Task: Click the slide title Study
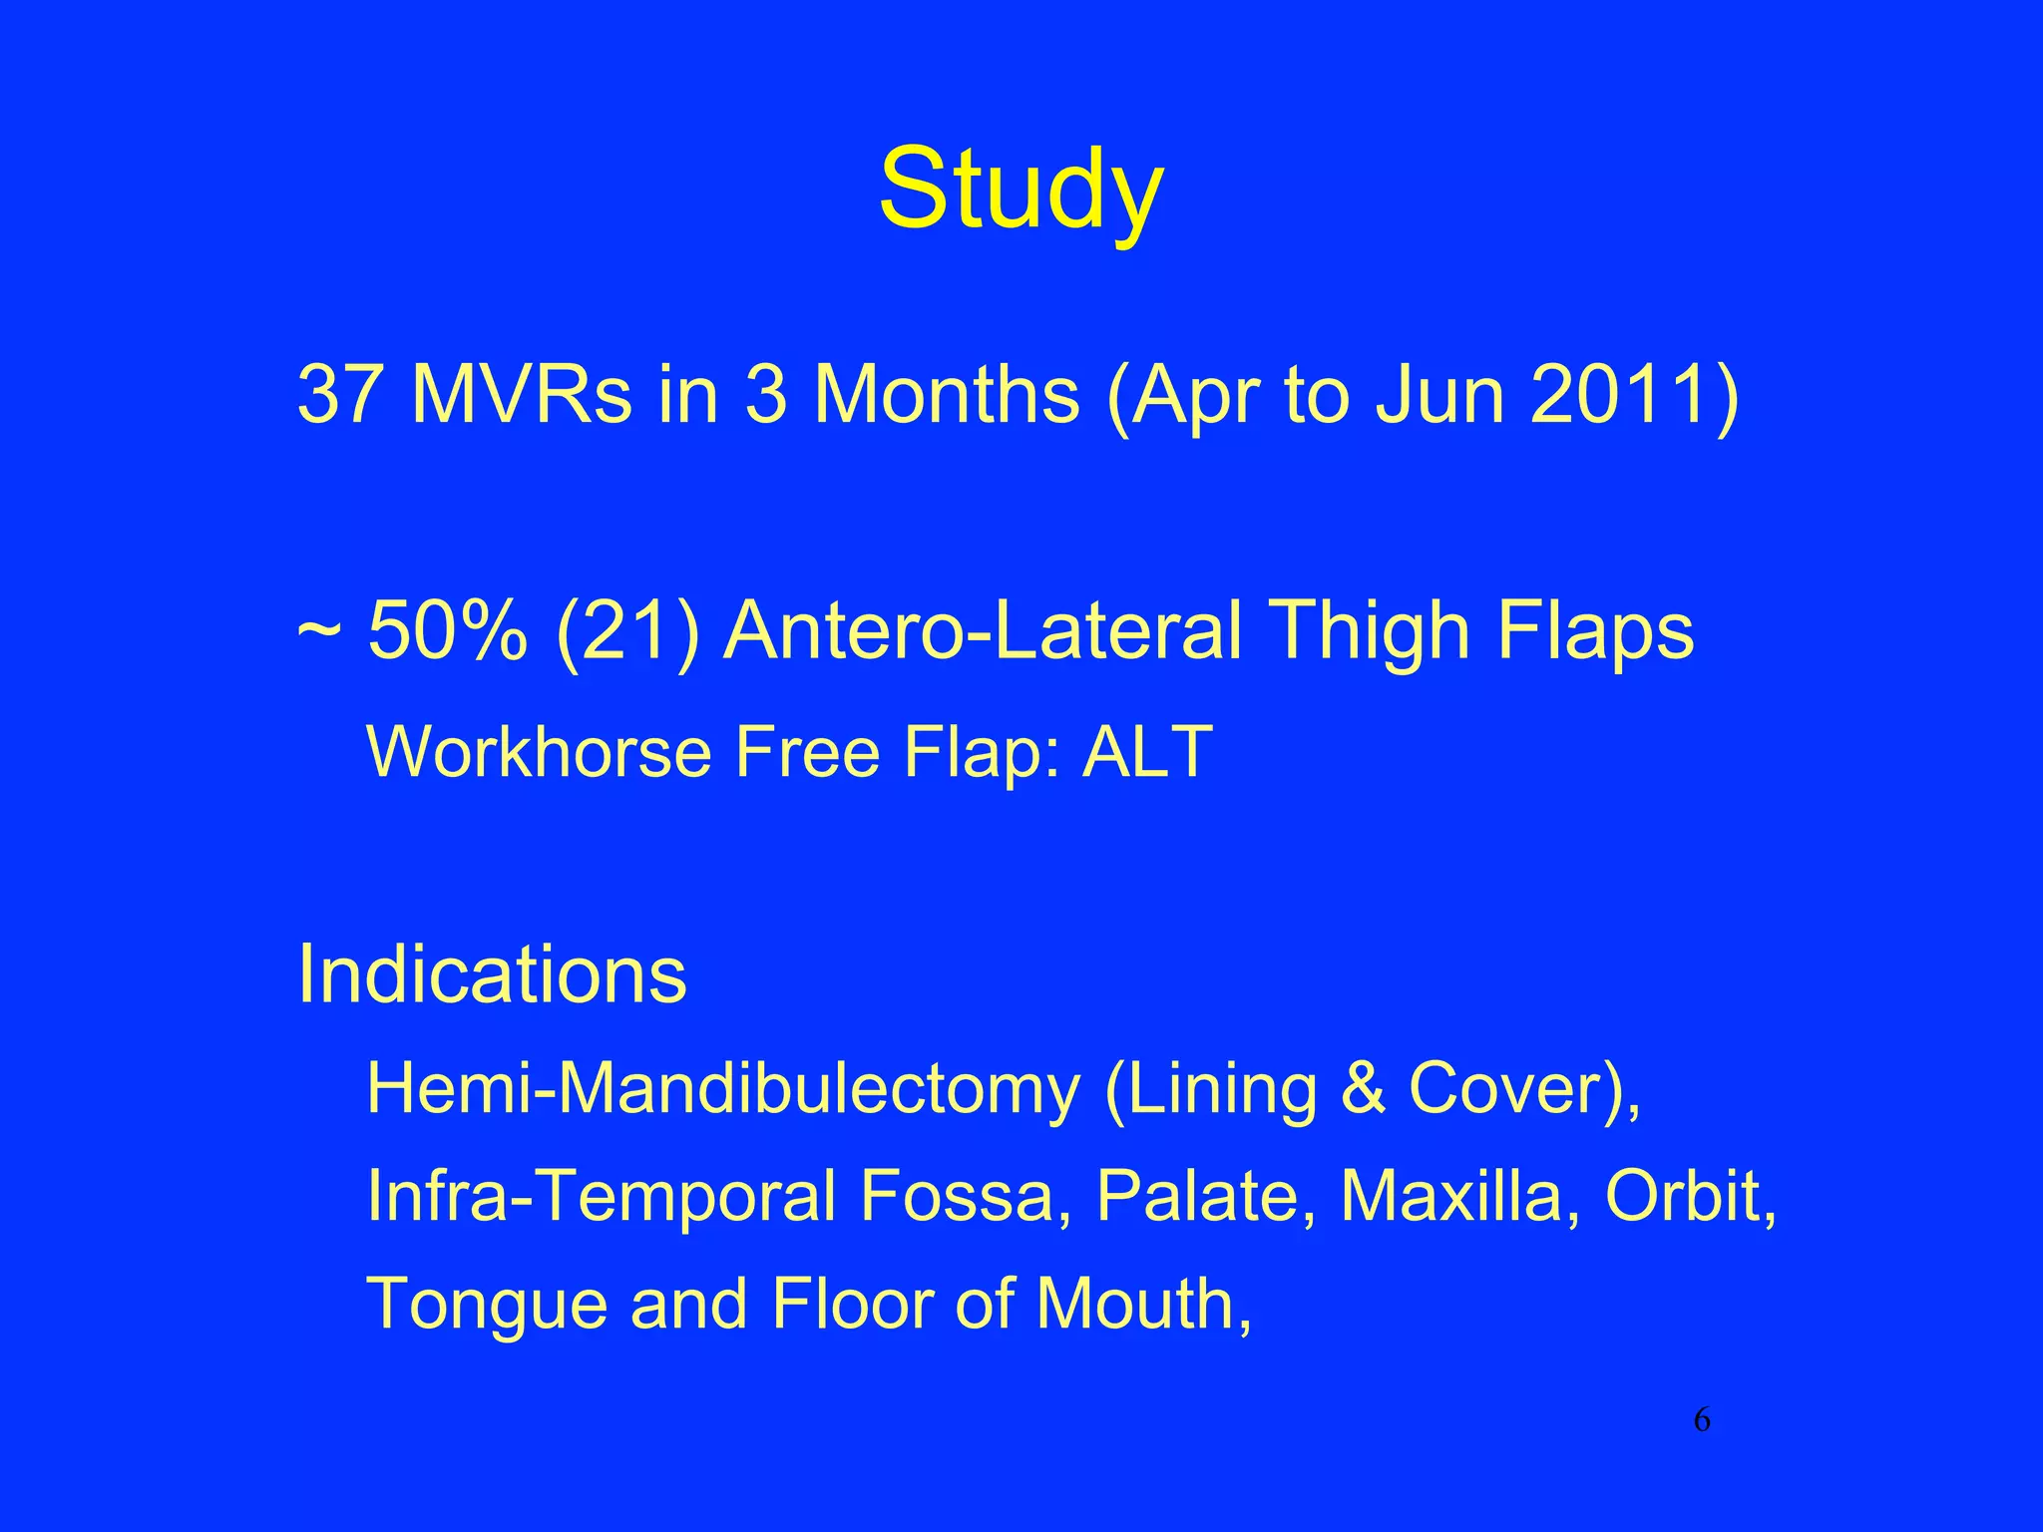click(1021, 190)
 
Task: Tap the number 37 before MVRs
click(339, 395)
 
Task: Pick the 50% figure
click(448, 631)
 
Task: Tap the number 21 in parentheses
click(628, 631)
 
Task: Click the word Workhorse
click(540, 751)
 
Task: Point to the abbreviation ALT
click(1147, 751)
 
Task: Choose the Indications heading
click(492, 973)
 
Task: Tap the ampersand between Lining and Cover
click(1363, 1088)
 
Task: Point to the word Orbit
click(1686, 1196)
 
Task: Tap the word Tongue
click(487, 1305)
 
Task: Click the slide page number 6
click(1702, 1420)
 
